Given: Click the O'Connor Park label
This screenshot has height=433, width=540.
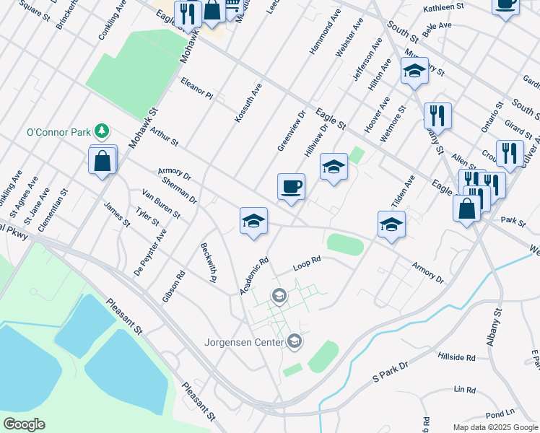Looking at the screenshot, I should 61,132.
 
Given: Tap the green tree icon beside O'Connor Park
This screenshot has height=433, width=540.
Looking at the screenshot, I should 103,131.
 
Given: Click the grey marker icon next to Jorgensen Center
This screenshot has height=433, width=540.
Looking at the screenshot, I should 294,341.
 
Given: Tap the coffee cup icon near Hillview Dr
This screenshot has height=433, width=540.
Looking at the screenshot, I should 291,187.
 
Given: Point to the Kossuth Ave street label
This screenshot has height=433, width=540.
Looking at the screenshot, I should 248,102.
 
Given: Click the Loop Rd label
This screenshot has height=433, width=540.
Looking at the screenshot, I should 306,265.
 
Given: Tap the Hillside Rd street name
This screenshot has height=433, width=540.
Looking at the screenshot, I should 456,357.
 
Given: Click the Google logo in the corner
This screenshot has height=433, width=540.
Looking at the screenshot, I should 24,424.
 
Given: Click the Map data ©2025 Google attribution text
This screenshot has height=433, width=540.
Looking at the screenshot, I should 495,427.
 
